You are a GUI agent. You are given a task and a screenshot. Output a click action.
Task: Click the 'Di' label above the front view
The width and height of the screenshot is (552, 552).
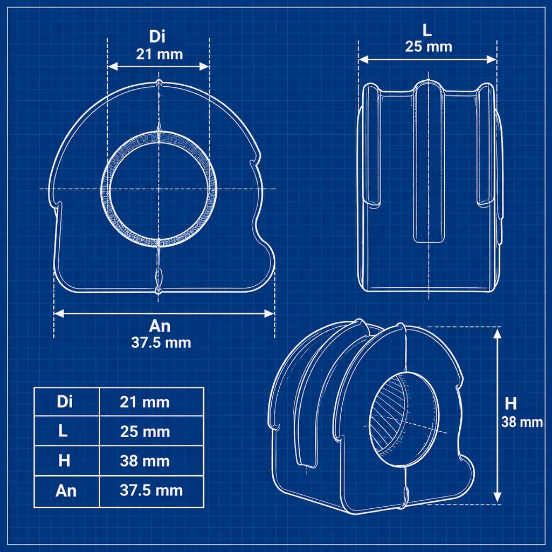(157, 36)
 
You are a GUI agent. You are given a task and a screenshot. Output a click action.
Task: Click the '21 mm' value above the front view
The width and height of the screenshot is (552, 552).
(160, 54)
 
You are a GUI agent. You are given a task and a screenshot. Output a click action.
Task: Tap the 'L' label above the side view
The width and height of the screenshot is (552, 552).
(427, 30)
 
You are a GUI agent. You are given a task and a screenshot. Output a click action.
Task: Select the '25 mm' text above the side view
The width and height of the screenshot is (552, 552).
(429, 46)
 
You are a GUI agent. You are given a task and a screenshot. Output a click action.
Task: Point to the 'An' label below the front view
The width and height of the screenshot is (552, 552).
(160, 326)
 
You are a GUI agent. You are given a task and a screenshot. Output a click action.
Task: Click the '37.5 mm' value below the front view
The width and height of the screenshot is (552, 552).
(161, 342)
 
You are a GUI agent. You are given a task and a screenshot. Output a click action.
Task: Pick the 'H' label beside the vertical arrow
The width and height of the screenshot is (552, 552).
(510, 404)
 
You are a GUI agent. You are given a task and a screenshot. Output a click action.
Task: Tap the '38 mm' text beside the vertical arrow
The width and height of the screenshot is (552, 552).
(522, 422)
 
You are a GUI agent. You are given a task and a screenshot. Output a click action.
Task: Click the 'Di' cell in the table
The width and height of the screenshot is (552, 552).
(65, 402)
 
